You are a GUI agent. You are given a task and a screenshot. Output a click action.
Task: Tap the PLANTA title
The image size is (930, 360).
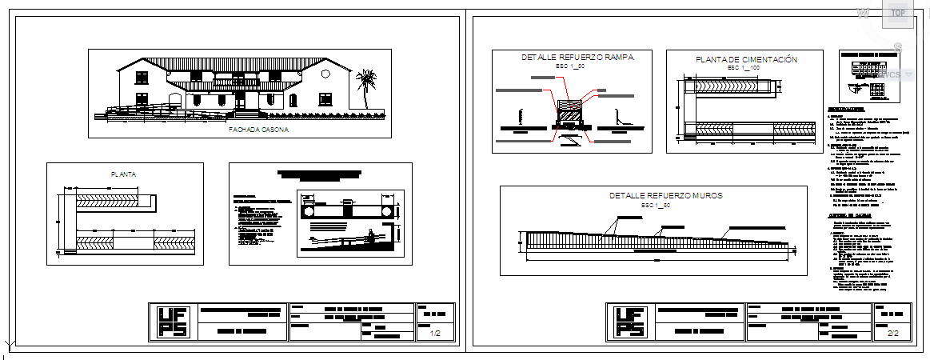click(x=124, y=174)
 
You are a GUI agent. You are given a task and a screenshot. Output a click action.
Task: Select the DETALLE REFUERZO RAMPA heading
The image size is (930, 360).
click(x=577, y=58)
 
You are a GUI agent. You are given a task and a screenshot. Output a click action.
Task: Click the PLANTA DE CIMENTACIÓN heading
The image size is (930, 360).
click(x=746, y=59)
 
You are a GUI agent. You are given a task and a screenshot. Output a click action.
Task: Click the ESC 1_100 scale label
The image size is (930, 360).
click(x=743, y=68)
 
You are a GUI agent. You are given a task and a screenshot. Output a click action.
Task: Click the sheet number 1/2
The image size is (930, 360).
click(x=436, y=333)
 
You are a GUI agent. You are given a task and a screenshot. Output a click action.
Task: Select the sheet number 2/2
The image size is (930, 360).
click(x=893, y=333)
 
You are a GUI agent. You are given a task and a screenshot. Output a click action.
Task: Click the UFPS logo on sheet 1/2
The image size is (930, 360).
click(x=172, y=323)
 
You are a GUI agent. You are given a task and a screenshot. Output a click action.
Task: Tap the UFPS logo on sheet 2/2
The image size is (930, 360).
click(x=630, y=323)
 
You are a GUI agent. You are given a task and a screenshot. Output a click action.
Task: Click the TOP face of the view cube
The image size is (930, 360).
click(x=898, y=13)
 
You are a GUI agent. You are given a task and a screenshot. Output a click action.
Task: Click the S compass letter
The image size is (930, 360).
click(x=898, y=48)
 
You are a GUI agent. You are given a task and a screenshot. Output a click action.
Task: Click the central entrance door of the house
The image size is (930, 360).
click(x=241, y=100)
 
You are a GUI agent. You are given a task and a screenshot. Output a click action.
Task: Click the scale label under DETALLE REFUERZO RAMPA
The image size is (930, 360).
click(x=570, y=67)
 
